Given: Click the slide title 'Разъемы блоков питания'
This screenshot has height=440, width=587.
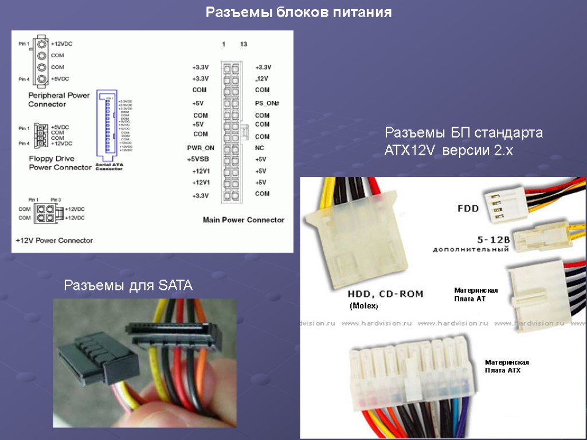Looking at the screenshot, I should (299, 13).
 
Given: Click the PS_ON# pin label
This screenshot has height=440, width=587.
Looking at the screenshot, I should (267, 103).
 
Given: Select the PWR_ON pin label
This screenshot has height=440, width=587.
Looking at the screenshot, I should (201, 148).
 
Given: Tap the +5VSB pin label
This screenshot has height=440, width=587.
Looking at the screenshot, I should (200, 159).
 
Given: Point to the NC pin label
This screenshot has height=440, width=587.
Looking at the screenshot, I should (259, 148).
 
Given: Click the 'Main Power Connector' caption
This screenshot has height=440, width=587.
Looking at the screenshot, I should (244, 220).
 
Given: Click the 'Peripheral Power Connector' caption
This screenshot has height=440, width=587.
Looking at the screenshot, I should (59, 100).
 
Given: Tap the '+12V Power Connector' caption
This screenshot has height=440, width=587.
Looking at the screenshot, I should (54, 240).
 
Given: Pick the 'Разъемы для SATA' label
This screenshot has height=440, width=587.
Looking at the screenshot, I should (128, 285).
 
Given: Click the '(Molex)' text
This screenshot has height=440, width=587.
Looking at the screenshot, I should (364, 307).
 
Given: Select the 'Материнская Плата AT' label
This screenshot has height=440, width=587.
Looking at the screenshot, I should (476, 294).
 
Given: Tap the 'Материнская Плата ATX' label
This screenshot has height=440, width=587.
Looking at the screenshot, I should (507, 366).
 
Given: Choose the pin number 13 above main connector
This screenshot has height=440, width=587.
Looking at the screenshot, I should (244, 44).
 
